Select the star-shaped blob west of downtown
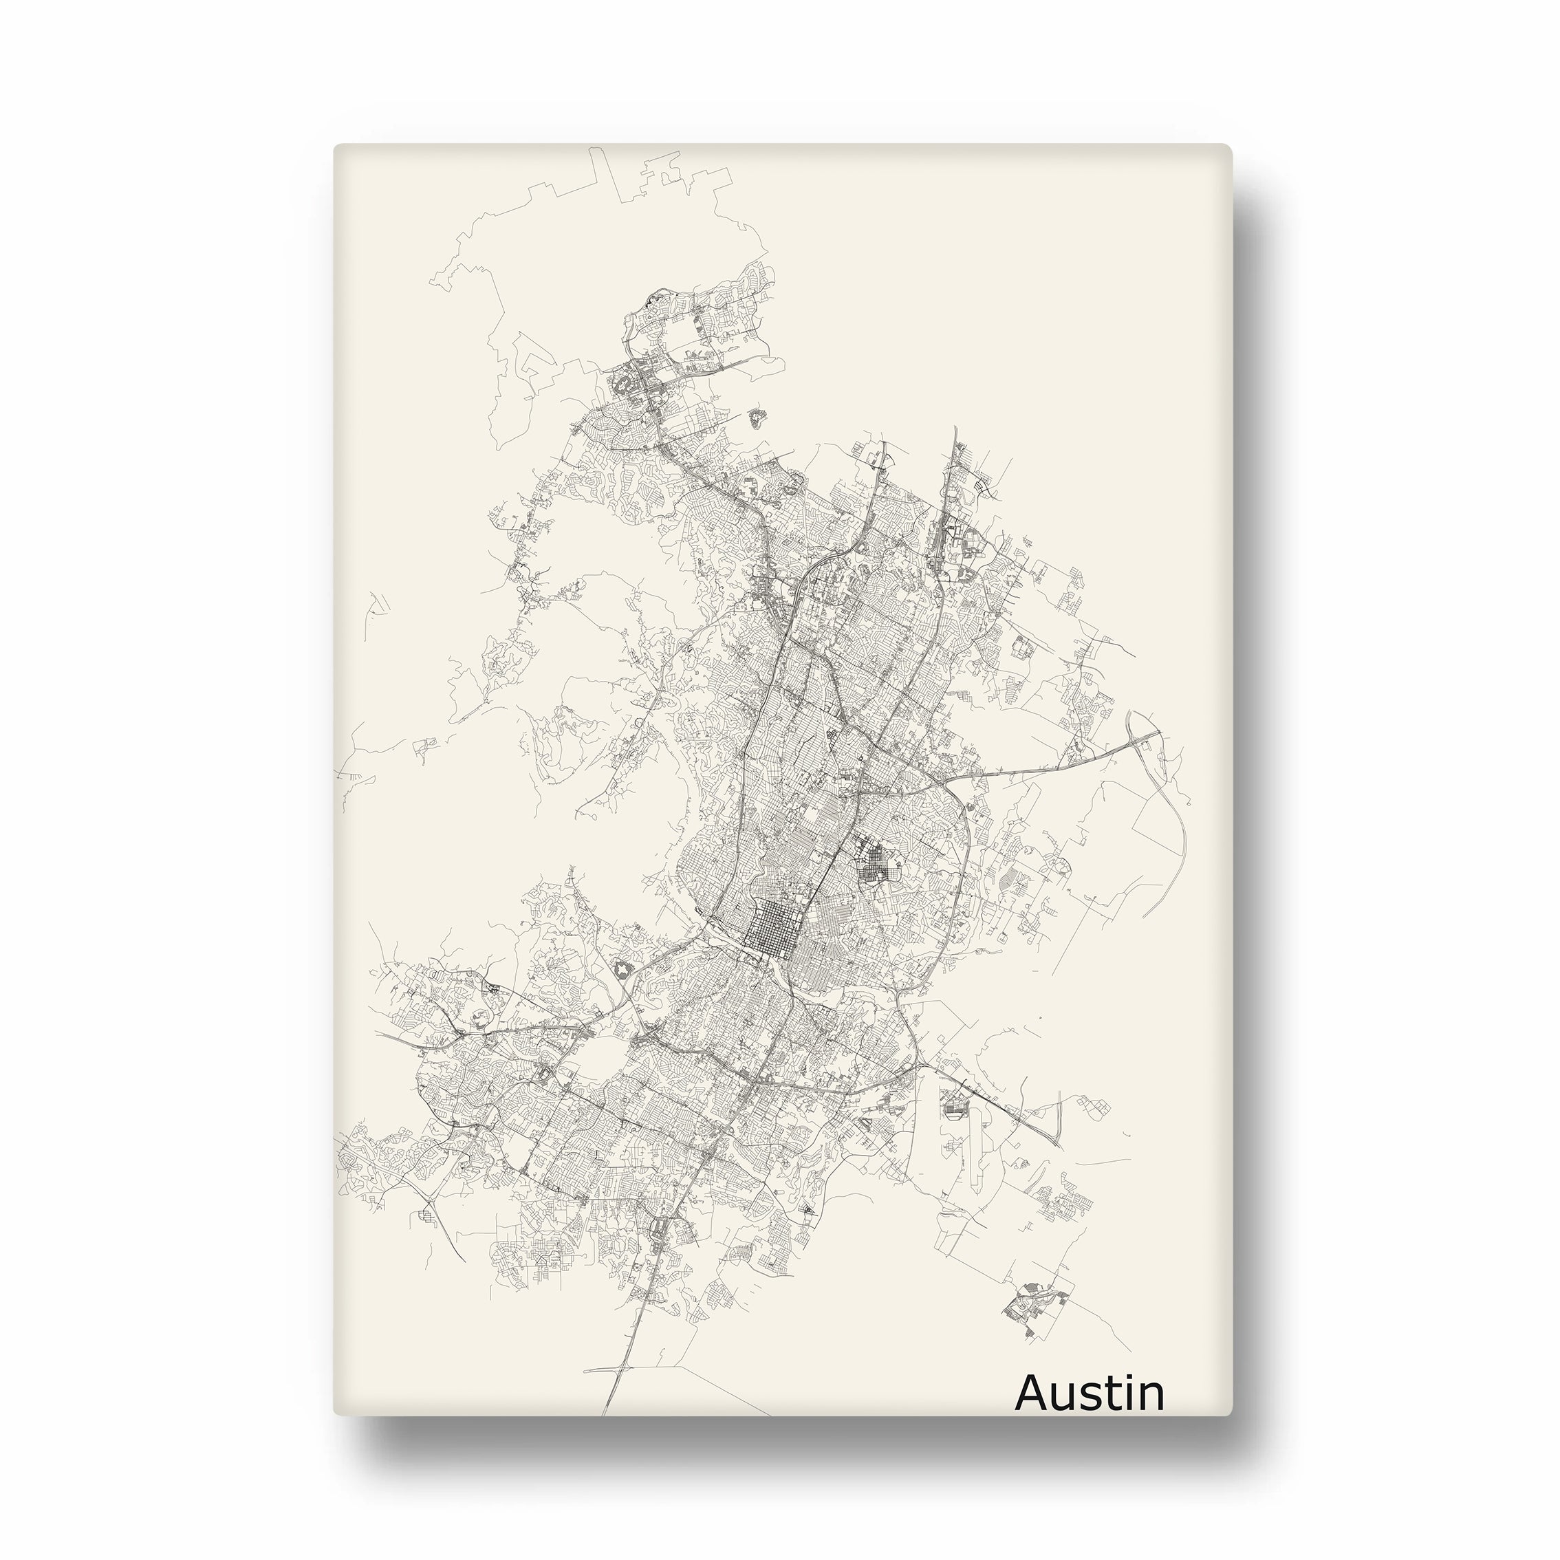(622, 970)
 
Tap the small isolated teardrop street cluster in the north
(757, 418)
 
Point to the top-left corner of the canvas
(335, 146)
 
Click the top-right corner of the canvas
(1231, 146)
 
